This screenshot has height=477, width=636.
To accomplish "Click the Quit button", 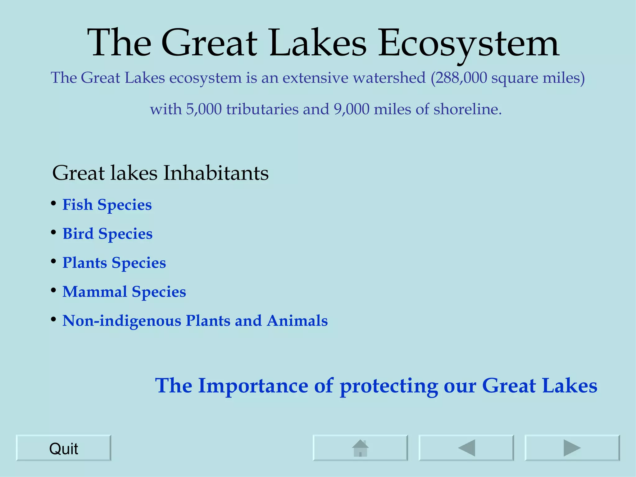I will coord(63,448).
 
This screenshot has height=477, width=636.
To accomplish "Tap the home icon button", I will coord(360,448).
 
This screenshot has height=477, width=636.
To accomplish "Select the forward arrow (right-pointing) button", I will coord(572,448).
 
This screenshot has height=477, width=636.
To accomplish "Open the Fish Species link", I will coord(107,205).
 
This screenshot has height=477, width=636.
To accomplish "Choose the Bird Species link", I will coord(107,234).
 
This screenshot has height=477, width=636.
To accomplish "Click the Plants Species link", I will coord(114,263).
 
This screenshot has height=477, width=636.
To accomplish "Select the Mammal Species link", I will coord(124,292).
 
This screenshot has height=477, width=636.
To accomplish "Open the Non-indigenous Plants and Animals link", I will coord(195,320).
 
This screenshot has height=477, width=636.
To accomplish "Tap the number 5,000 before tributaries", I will coord(204,109).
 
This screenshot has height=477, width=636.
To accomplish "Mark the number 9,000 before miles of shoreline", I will coord(352,109).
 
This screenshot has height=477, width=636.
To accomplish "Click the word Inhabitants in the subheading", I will coord(216,173).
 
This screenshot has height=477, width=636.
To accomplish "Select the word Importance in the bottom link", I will coord(253,385).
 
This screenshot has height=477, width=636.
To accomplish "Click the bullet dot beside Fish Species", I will coord(53,203).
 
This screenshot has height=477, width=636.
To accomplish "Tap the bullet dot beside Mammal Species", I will coord(53,290).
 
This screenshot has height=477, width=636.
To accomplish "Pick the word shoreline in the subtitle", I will coord(467,109).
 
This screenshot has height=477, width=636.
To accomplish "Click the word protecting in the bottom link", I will coord(389,386).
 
